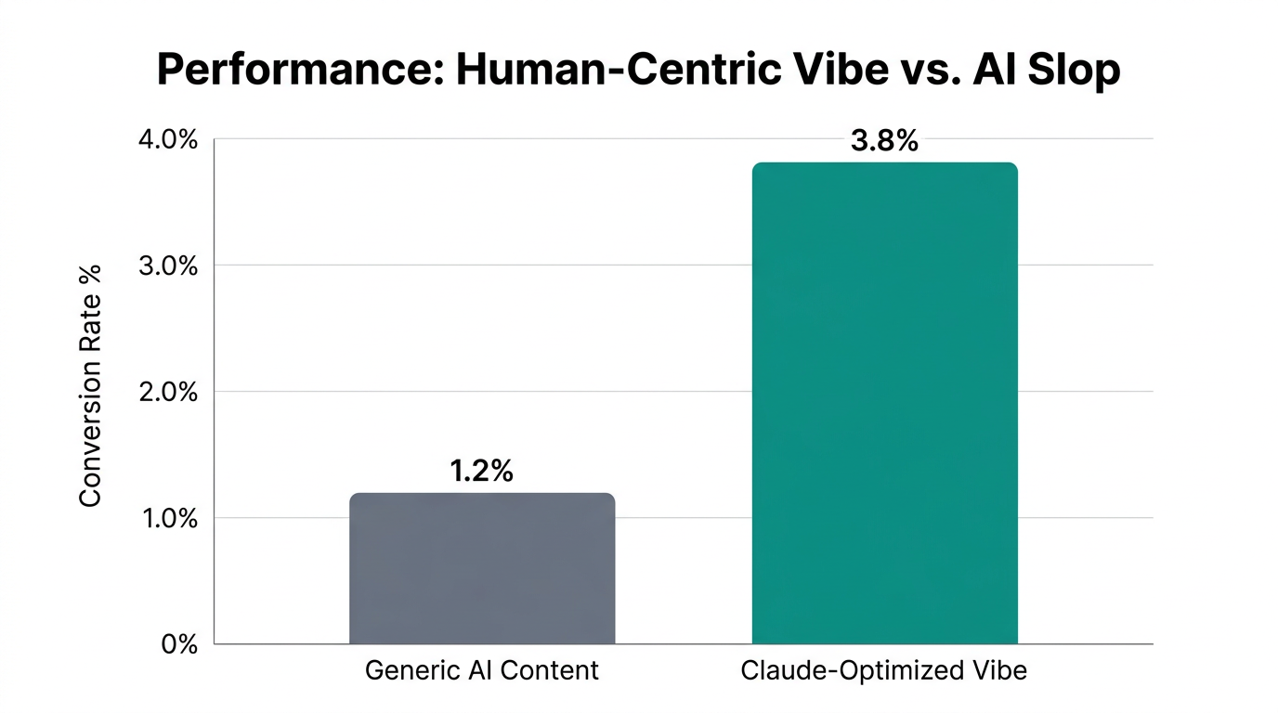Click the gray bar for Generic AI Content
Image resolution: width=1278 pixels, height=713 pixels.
tap(481, 568)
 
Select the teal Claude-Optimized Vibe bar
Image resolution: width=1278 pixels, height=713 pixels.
tap(884, 403)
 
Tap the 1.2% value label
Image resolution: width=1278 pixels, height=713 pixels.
tap(481, 472)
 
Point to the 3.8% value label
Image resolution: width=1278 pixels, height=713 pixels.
tap(884, 141)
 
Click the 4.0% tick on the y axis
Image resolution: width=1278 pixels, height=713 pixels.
tap(168, 140)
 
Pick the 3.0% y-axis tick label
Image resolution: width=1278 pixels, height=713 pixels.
tap(168, 266)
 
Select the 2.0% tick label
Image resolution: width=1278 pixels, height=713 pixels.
tap(168, 393)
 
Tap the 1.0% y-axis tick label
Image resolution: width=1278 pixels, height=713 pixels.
tap(168, 519)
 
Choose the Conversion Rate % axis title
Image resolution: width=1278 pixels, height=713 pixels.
tap(90, 385)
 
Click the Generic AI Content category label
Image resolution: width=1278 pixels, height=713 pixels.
tap(481, 670)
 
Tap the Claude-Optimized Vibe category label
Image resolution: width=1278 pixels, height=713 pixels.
tap(884, 670)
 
